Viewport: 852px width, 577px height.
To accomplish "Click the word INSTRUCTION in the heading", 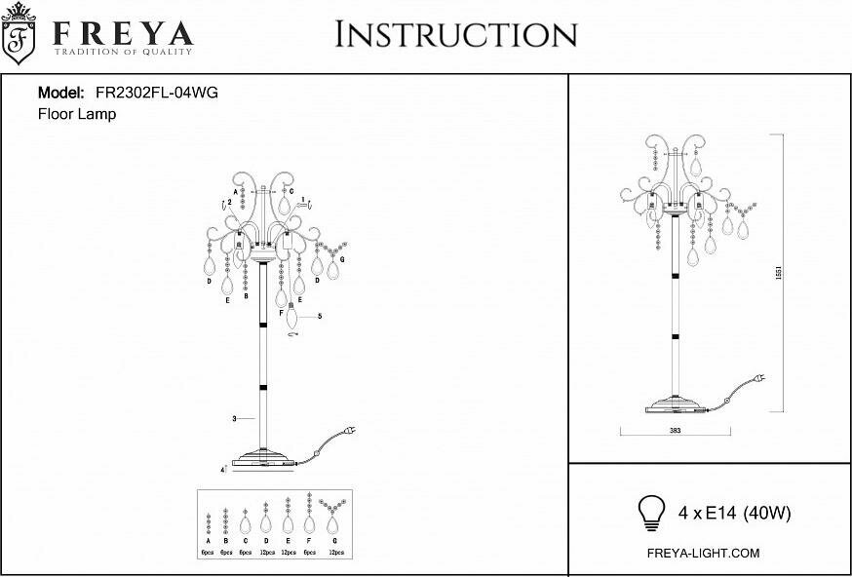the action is click(455, 34).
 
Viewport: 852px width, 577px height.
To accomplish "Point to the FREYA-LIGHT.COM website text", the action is click(703, 553).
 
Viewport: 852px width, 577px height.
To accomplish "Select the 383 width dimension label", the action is click(674, 430).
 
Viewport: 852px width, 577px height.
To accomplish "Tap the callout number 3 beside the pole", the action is click(235, 418).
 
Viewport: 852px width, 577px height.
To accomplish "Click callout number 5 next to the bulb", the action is click(320, 316).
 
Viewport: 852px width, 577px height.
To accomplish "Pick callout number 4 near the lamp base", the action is click(223, 469).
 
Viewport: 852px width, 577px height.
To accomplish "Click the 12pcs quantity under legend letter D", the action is click(265, 552).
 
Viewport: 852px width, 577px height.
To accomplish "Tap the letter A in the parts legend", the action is click(209, 540).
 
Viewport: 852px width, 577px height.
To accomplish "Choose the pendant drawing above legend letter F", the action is click(309, 515).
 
